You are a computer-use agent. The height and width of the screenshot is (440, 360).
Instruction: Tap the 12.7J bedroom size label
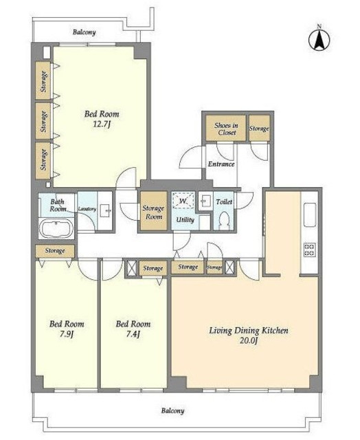point(101,124)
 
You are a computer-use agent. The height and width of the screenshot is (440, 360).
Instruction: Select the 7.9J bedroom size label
point(67,334)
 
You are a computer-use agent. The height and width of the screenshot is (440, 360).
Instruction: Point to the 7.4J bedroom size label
point(133,334)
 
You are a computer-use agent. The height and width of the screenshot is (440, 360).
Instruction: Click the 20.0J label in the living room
point(249,341)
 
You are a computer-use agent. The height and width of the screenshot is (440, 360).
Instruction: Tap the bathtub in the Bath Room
point(56,228)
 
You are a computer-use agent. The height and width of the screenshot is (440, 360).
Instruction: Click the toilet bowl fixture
point(224,221)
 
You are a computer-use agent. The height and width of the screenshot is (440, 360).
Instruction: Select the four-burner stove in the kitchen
point(310,250)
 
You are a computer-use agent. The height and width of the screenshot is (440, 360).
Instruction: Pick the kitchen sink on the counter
point(310,214)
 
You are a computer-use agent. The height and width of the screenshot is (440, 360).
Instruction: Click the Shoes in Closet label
point(226,129)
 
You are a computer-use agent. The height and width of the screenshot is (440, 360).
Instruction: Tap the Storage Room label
point(153,212)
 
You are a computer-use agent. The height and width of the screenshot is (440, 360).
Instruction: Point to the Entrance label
point(221,164)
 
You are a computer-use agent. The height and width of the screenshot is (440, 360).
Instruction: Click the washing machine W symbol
point(183,201)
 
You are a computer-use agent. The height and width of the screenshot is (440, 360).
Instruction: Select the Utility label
point(185,220)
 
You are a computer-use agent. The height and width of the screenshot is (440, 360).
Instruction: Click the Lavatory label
point(87,209)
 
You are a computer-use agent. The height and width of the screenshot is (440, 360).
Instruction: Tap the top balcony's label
point(84,32)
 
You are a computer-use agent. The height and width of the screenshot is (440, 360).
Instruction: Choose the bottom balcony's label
point(172,411)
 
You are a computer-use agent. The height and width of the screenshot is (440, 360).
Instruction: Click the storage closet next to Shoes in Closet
point(259,129)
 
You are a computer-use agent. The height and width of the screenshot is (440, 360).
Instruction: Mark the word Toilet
point(224,201)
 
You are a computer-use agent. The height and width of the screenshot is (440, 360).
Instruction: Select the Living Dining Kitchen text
point(249,331)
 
